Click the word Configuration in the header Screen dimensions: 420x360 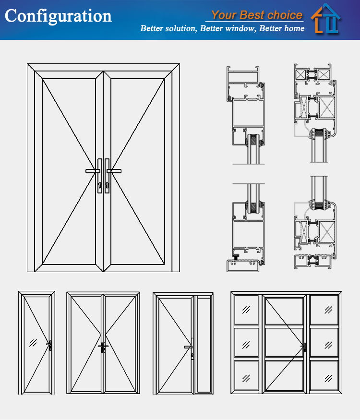pyautogui.click(x=58, y=16)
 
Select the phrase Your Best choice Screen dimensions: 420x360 pyautogui.click(x=257, y=14)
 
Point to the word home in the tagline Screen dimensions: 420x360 pyautogui.click(x=294, y=29)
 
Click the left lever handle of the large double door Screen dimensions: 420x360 pyautogui.click(x=93, y=171)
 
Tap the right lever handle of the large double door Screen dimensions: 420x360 pyautogui.click(x=114, y=171)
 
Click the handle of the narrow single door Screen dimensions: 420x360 pyautogui.click(x=49, y=344)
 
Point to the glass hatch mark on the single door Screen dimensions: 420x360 pyautogui.click(x=34, y=343)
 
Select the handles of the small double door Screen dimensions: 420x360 pyautogui.click(x=103, y=346)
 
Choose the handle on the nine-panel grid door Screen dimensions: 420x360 pyautogui.click(x=303, y=346)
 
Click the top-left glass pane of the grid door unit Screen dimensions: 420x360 pyautogui.click(x=246, y=310)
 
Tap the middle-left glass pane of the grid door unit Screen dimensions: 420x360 pyautogui.click(x=246, y=344)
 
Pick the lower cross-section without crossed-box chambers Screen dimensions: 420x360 pyautogui.click(x=246, y=226)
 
